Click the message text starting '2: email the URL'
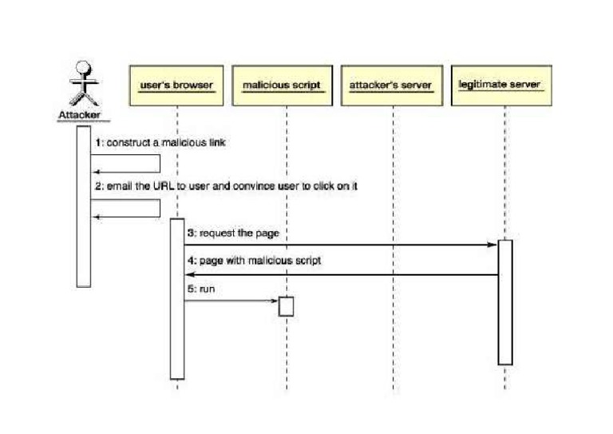231,185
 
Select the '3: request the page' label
226,233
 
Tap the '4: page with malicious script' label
254,261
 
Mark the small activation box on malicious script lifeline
286,307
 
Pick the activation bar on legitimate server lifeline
504,301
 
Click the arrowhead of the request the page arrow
493,245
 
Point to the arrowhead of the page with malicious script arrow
189,274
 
